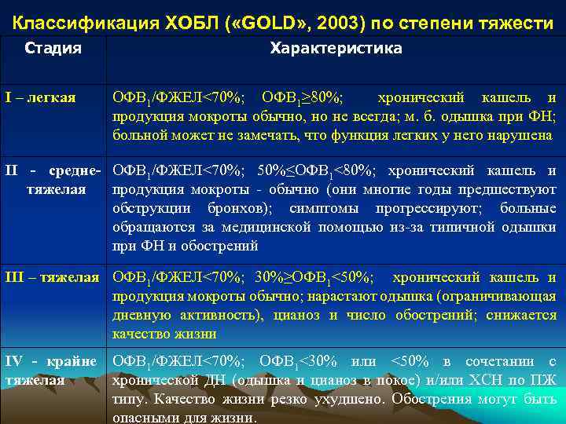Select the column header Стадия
pyautogui.click(x=53, y=49)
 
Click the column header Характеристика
pyautogui.click(x=336, y=49)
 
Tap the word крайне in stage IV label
pyautogui.click(x=74, y=361)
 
